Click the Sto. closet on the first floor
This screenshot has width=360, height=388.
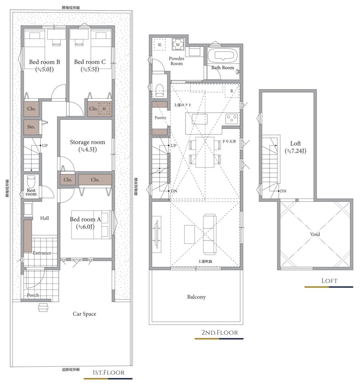coord(31,127)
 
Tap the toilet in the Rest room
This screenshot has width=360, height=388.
coord(31,181)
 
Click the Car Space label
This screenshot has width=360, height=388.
coord(84,314)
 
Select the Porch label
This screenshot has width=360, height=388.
coord(33,295)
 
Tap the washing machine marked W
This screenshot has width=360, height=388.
coord(178,45)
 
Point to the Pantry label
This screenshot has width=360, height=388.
coord(161,117)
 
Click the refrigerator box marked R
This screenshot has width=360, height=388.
coord(232,91)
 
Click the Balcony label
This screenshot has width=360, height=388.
coord(196,297)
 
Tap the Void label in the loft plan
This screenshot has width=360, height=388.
coord(315,234)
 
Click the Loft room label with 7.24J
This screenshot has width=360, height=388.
coord(296,147)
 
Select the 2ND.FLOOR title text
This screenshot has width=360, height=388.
coord(220,332)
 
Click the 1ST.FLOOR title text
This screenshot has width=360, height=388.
coord(109,372)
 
